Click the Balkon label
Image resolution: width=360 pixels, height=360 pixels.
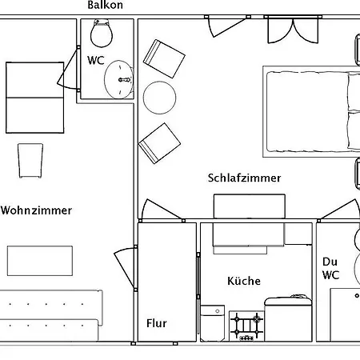pyautogui.click(x=106, y=5)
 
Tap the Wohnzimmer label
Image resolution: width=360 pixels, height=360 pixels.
pyautogui.click(x=36, y=210)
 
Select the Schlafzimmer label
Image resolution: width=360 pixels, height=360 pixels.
pyautogui.click(x=244, y=178)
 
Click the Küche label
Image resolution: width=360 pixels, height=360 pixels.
pyautogui.click(x=244, y=281)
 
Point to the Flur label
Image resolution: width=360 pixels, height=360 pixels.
pyautogui.click(x=157, y=323)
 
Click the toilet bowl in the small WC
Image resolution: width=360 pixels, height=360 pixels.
pyautogui.click(x=102, y=33)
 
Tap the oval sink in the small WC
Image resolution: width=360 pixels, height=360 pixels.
pyautogui.click(x=118, y=79)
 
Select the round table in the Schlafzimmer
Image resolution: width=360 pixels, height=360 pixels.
pyautogui.click(x=159, y=98)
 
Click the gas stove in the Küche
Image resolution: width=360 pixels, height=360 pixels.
pyautogui.click(x=246, y=326)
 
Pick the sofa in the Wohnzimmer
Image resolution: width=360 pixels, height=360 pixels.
pyautogui.click(x=50, y=315)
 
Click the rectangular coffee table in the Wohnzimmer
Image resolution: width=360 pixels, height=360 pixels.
pyautogui.click(x=40, y=261)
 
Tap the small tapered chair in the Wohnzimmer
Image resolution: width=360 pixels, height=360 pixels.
pyautogui.click(x=30, y=161)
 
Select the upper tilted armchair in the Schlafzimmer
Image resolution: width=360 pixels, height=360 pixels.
pyautogui.click(x=164, y=58)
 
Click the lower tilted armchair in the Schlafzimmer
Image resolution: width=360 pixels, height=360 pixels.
pyautogui.click(x=159, y=143)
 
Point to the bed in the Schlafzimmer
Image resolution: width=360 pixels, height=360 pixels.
pyautogui.click(x=311, y=112)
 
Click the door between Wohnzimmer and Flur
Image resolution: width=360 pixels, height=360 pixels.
pyautogui.click(x=126, y=268)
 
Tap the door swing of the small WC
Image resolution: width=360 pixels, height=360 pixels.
pyautogui.click(x=68, y=69)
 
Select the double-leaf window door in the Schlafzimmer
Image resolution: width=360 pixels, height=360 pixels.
pyautogui.click(x=293, y=30)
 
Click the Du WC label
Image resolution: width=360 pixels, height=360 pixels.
pyautogui.click(x=330, y=268)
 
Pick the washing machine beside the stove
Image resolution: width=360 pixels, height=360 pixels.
pyautogui.click(x=213, y=323)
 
